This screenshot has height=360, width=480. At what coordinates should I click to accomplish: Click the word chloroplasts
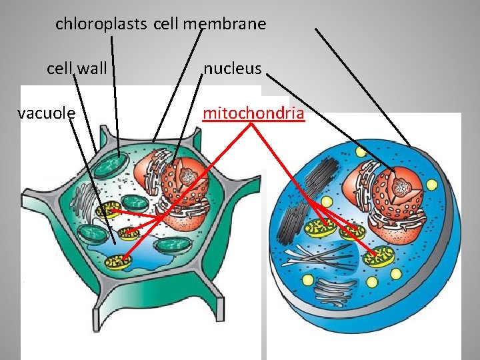click(101, 25)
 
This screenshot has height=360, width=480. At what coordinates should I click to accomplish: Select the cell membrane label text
click(209, 25)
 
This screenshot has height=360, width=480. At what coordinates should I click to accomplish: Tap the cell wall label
click(77, 68)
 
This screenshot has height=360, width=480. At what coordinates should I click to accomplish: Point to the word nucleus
click(232, 68)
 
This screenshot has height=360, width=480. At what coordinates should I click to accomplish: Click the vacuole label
click(46, 113)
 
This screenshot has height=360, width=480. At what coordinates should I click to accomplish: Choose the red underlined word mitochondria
click(253, 113)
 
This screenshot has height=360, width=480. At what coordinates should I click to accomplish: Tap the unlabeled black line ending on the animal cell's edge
click(363, 87)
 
